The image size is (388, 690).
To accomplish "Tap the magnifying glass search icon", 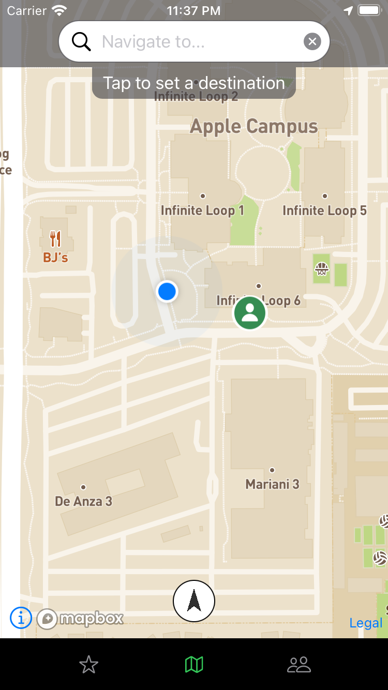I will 81,41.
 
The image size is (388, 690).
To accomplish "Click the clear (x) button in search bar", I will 312,41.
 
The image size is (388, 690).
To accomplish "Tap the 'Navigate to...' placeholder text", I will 153,41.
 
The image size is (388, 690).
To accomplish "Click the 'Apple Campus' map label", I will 254,126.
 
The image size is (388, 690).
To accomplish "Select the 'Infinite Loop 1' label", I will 202,211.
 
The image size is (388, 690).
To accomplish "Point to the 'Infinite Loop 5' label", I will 324,211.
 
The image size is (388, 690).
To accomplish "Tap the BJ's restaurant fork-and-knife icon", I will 55,239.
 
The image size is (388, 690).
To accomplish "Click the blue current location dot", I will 167,292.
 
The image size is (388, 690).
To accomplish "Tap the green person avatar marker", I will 250,312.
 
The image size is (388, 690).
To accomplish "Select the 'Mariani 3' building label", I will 272,484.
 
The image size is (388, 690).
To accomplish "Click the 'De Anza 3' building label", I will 83,501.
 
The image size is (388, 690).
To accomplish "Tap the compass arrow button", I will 194,601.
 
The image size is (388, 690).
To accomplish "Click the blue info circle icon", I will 21,618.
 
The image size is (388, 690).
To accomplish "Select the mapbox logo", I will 80,619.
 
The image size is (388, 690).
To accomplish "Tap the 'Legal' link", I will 366,623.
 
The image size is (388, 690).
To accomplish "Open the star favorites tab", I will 89,665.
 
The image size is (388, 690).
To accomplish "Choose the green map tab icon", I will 194,665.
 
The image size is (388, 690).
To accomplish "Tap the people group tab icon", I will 299,665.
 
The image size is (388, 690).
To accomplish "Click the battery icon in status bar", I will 369,10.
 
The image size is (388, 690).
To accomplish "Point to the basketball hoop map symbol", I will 322,269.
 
